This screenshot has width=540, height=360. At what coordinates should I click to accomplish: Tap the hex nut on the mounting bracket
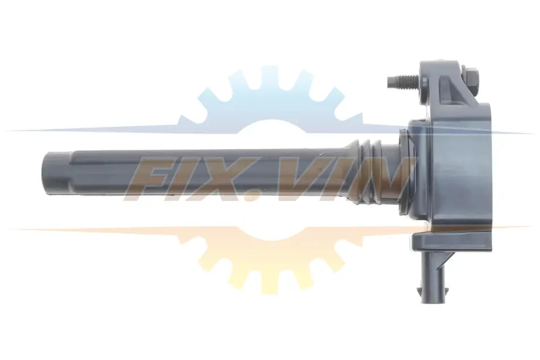[471, 82]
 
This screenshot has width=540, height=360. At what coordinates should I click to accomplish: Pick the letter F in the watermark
[154, 179]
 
